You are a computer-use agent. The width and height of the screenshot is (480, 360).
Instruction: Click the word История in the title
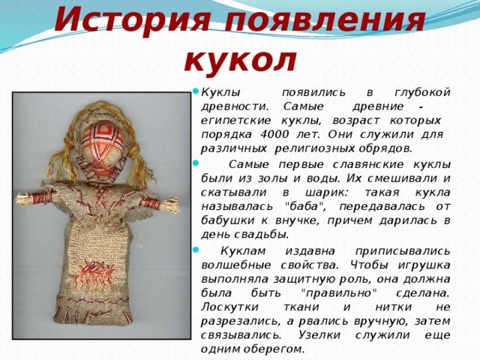[x=132, y=21]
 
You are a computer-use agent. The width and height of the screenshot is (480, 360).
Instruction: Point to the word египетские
[x=235, y=121]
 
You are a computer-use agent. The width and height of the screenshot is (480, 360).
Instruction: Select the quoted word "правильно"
[x=338, y=293]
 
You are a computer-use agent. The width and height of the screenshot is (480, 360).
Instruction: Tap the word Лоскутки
[x=230, y=307]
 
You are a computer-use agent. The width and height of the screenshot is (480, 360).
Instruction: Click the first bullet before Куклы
[x=196, y=91]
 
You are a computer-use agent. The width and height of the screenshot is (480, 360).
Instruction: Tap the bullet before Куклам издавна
[x=196, y=250]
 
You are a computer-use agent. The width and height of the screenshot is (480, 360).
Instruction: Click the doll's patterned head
[x=102, y=140]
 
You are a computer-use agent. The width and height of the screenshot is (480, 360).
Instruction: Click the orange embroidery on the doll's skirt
[x=94, y=273]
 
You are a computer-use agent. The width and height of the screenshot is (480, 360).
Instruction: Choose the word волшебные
[x=236, y=265]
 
